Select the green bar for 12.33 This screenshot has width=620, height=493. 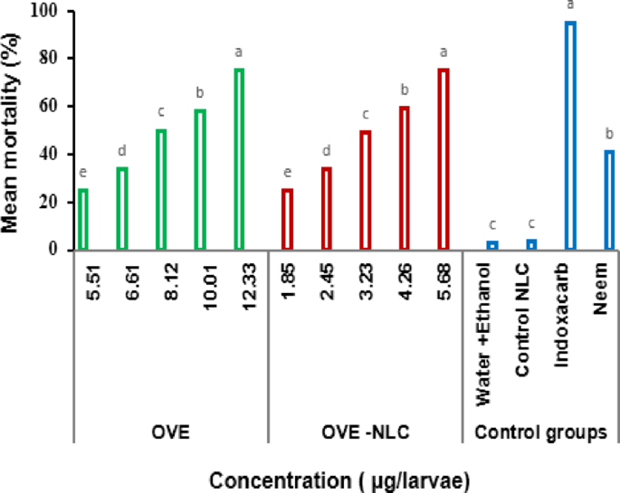pyautogui.click(x=239, y=158)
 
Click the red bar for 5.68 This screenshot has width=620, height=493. pyautogui.click(x=444, y=158)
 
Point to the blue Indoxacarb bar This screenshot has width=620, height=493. pyautogui.click(x=570, y=136)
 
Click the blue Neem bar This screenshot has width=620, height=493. pyautogui.click(x=609, y=200)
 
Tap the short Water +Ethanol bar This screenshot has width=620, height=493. pyautogui.click(x=492, y=245)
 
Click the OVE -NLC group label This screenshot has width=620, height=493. pyautogui.click(x=364, y=434)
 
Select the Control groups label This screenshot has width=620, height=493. pyautogui.click(x=540, y=434)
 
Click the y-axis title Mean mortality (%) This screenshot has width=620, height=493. pyautogui.click(x=13, y=129)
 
